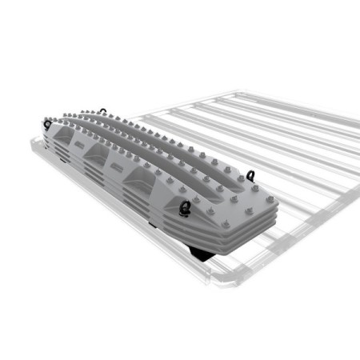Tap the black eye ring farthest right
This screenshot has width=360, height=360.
click(253, 175)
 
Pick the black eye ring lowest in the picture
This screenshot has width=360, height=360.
click(186, 209)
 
